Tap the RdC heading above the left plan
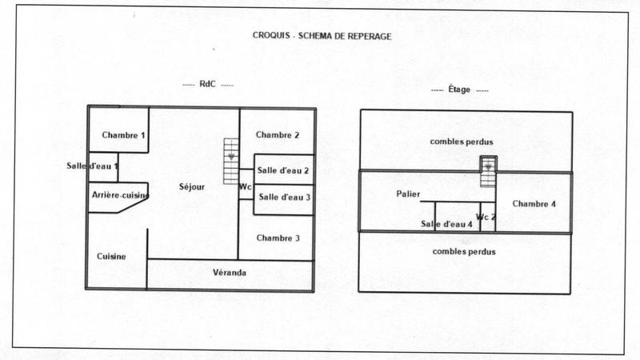tap(207, 84)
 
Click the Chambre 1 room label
tap(123, 135)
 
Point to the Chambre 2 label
tap(278, 134)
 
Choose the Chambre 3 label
tap(278, 238)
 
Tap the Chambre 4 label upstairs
tap(534, 203)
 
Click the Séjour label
tap(192, 187)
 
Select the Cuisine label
tap(111, 257)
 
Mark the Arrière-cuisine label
tap(120, 195)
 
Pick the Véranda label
tap(230, 273)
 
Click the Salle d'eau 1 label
tap(93, 166)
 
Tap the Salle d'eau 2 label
tap(284, 170)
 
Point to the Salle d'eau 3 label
tap(284, 197)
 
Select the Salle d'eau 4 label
tap(446, 224)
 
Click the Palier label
tap(408, 194)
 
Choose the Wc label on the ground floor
tap(245, 187)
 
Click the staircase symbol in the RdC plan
tap(231, 161)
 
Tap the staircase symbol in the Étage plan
tap(488, 172)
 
